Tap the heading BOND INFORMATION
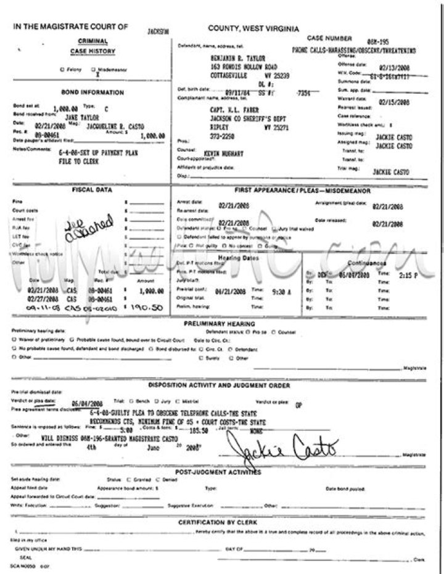92,92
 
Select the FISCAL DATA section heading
92,190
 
